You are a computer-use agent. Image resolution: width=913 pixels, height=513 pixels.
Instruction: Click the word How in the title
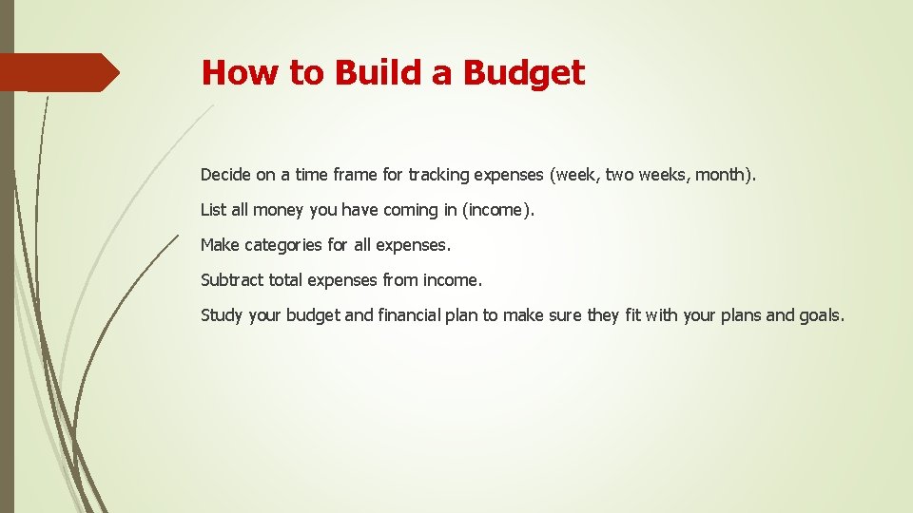click(x=228, y=72)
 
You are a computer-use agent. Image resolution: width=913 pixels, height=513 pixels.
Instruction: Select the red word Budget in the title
click(x=524, y=72)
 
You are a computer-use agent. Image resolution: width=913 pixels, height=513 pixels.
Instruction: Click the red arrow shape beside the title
click(x=59, y=72)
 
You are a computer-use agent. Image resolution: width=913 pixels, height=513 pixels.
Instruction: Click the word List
click(x=212, y=210)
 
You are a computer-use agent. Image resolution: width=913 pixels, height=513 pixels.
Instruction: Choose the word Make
click(x=220, y=245)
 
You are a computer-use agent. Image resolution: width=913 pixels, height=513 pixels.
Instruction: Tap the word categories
click(x=283, y=245)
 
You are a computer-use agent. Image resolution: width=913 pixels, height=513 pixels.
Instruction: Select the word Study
click(x=222, y=315)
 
